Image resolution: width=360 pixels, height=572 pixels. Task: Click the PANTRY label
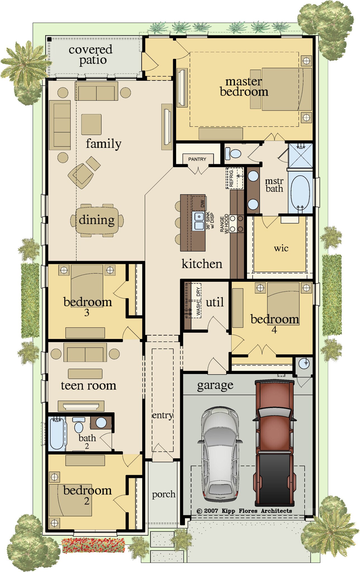(x=197, y=159)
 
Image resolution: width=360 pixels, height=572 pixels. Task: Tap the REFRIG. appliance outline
(x=234, y=178)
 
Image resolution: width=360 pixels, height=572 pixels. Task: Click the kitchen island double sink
(x=199, y=221)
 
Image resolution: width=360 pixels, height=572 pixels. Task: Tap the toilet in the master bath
(x=234, y=153)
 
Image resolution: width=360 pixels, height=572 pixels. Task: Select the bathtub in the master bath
(x=300, y=192)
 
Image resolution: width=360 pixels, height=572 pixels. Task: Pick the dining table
(x=97, y=220)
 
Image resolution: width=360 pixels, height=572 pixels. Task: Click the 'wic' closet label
(x=281, y=248)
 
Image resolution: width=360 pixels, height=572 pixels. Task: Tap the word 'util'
(x=215, y=302)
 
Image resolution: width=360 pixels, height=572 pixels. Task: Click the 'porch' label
(x=164, y=494)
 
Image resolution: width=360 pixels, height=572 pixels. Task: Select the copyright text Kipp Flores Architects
(x=244, y=511)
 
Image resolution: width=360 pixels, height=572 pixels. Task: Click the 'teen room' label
(x=88, y=386)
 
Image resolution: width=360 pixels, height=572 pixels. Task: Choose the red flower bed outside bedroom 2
(x=93, y=545)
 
